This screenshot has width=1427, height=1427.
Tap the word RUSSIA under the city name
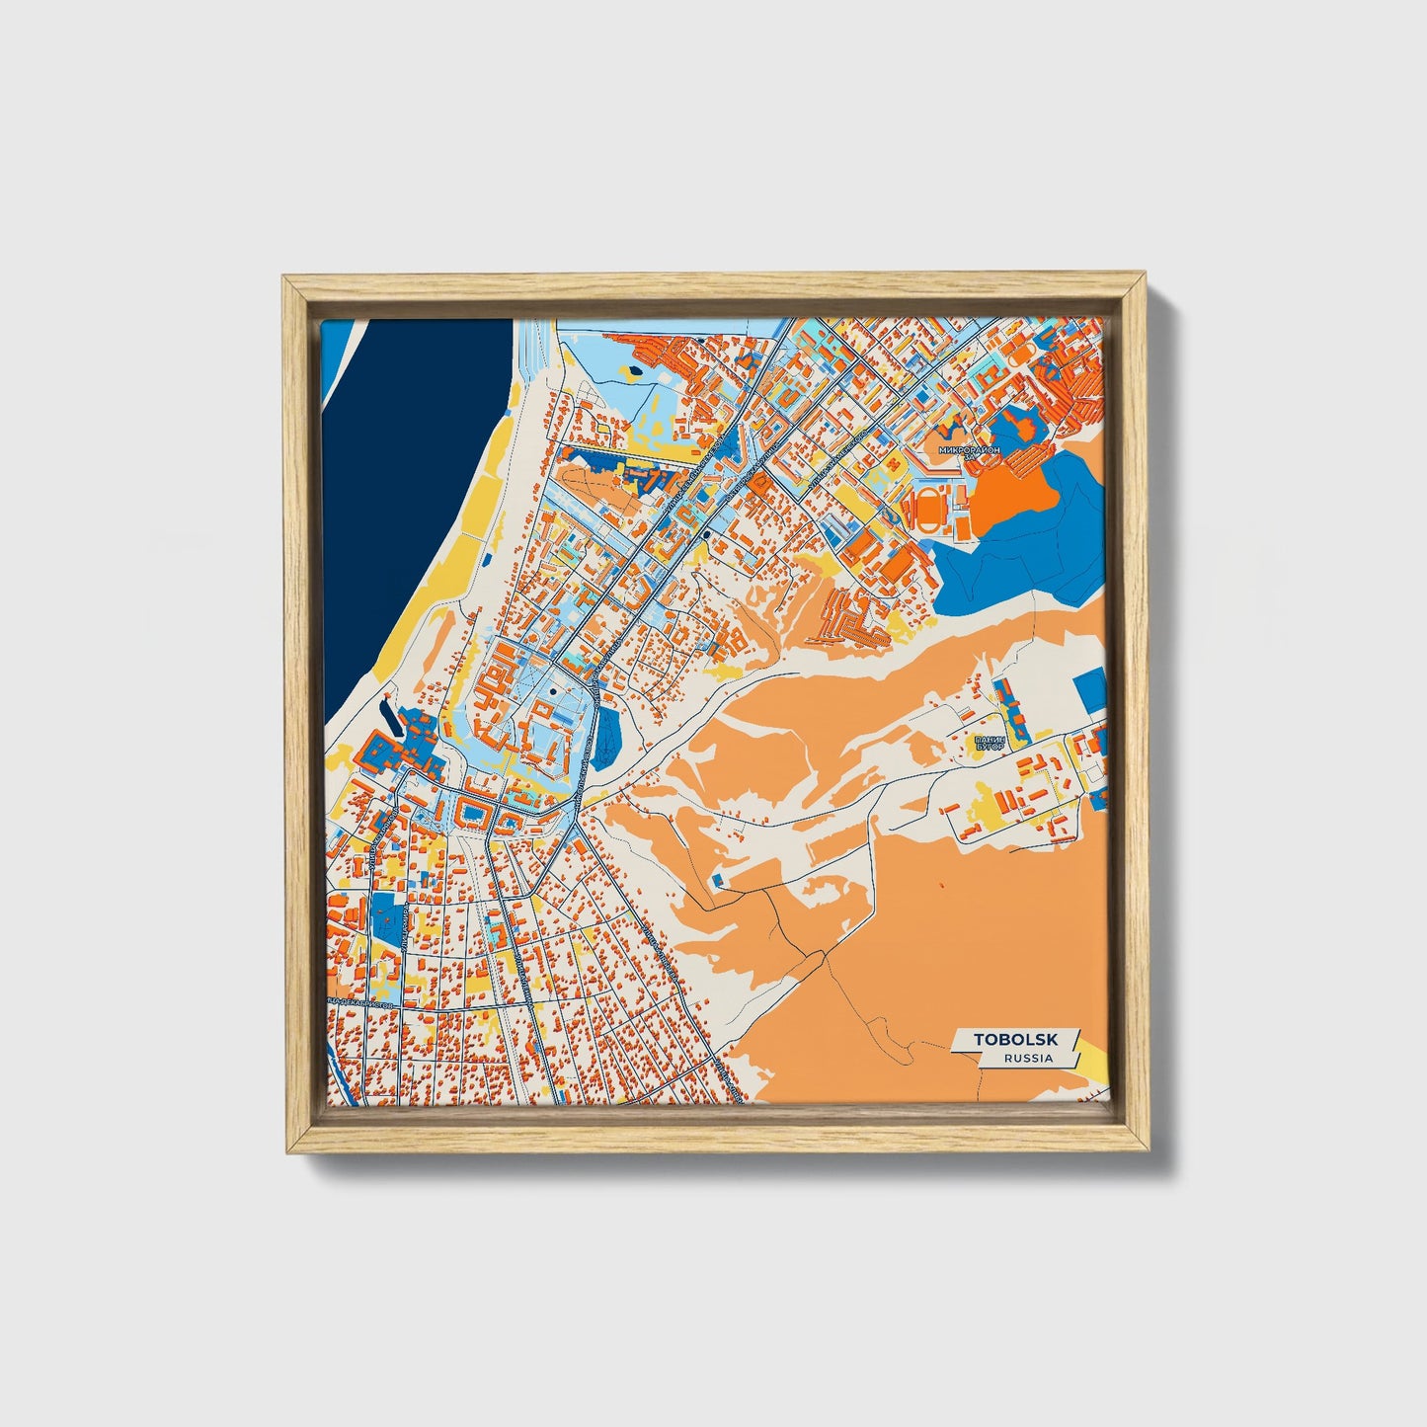tap(1027, 1058)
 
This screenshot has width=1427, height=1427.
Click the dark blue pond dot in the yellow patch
tap(632, 371)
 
